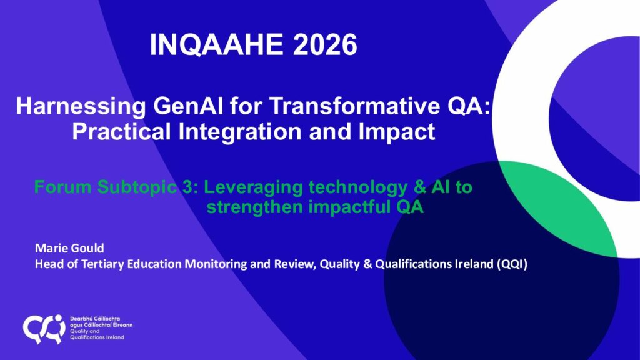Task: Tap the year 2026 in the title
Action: coord(325,44)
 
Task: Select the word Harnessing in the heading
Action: coord(81,107)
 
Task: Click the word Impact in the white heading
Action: coord(396,132)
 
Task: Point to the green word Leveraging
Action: coord(253,187)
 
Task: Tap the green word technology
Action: coord(358,187)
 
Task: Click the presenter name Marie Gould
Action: coord(69,248)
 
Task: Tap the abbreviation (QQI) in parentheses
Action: coord(512,264)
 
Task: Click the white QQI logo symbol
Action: coord(44,329)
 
